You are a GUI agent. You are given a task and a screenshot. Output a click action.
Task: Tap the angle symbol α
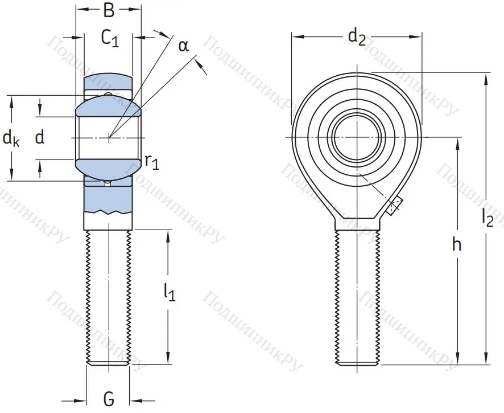point(183,46)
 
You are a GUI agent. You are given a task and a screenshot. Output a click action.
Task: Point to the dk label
point(11,138)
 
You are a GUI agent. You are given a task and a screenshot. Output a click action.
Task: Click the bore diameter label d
point(39,137)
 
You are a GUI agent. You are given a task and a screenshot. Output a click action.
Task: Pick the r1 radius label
point(152,162)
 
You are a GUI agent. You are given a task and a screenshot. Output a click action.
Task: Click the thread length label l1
point(169,292)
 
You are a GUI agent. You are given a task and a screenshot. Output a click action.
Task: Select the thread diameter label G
point(109,398)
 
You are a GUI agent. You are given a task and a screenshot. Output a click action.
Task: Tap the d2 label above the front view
point(357,38)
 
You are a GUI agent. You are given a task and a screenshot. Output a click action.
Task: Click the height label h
point(456,245)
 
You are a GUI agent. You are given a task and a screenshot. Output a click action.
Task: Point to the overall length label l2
point(487,217)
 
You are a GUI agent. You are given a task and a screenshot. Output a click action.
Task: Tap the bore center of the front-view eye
point(357,137)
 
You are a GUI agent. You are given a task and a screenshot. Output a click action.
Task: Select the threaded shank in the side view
point(108,296)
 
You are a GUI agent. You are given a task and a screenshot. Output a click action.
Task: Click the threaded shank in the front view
point(357,296)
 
